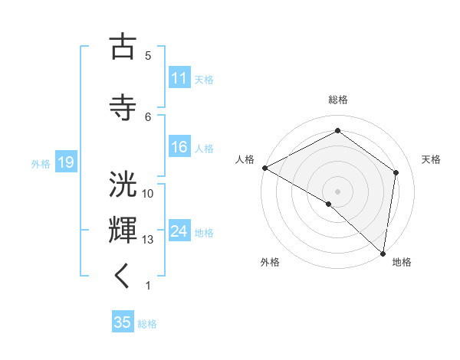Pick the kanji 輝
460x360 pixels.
[123, 230]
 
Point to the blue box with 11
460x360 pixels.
[179, 78]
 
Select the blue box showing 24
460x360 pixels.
[179, 231]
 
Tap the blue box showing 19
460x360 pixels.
[65, 162]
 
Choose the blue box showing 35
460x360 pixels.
[123, 322]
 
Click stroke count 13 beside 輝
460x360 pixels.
[148, 240]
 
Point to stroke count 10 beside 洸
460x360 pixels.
[148, 194]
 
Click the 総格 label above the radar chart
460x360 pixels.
[337, 100]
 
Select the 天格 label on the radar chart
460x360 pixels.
[432, 159]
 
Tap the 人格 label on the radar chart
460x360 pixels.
[245, 159]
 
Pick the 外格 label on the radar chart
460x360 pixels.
[270, 262]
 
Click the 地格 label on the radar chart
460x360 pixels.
[402, 262]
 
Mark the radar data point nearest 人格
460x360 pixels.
[264, 168]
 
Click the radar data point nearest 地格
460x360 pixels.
[383, 253]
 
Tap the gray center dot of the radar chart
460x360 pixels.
[337, 191]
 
